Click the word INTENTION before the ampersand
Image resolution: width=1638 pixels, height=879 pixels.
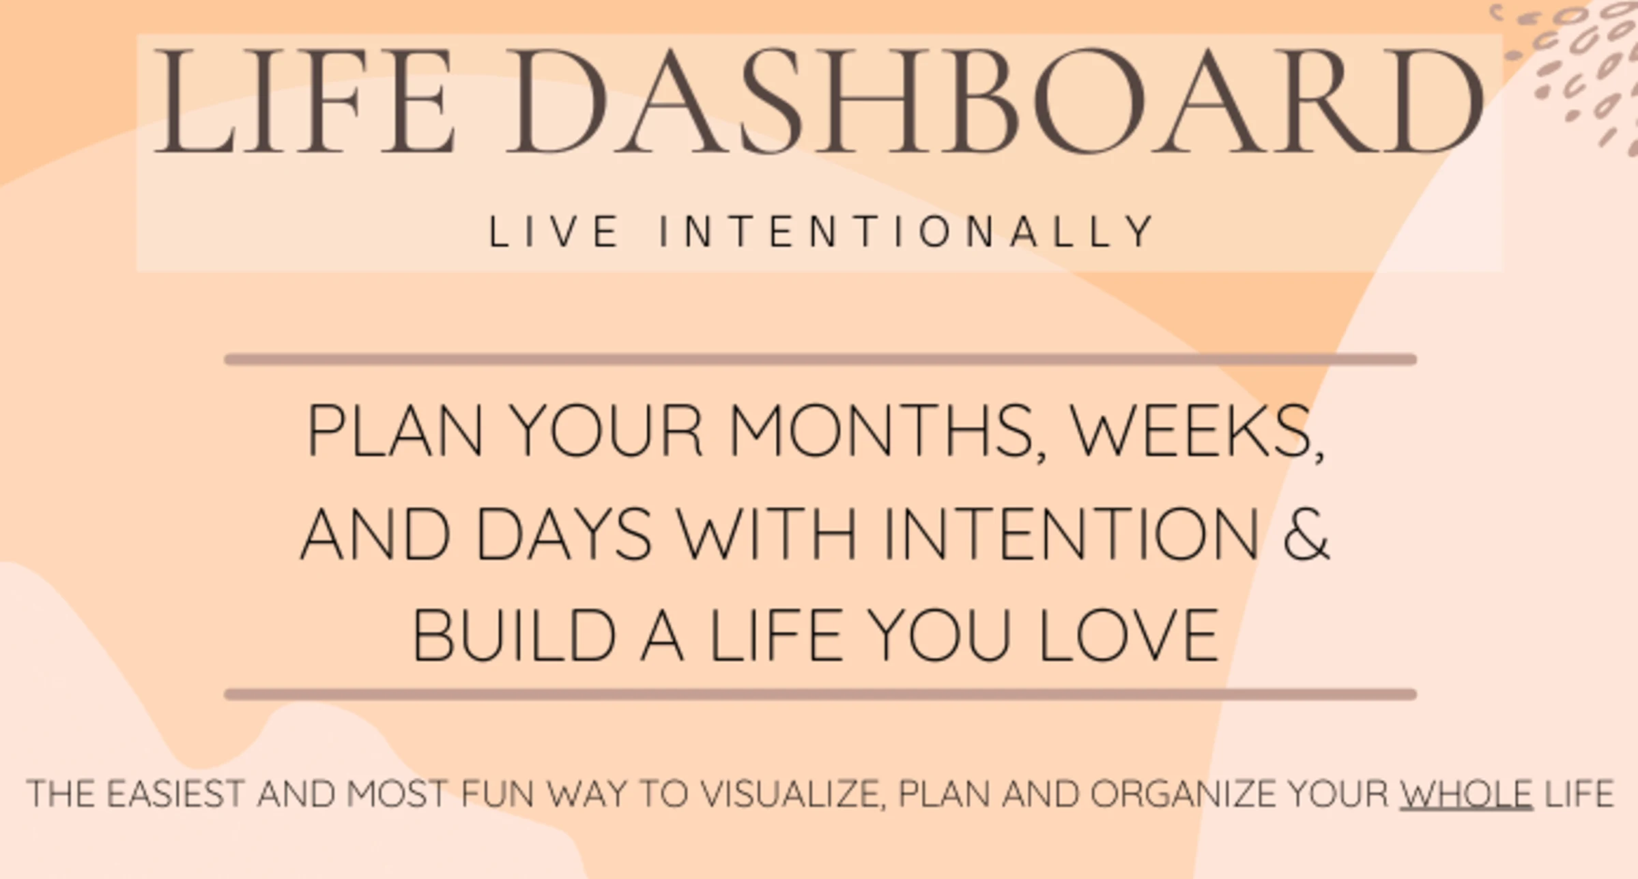coord(1071,534)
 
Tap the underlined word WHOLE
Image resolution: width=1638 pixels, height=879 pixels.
coord(1466,794)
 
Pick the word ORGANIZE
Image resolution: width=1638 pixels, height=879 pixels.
coord(1183,794)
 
